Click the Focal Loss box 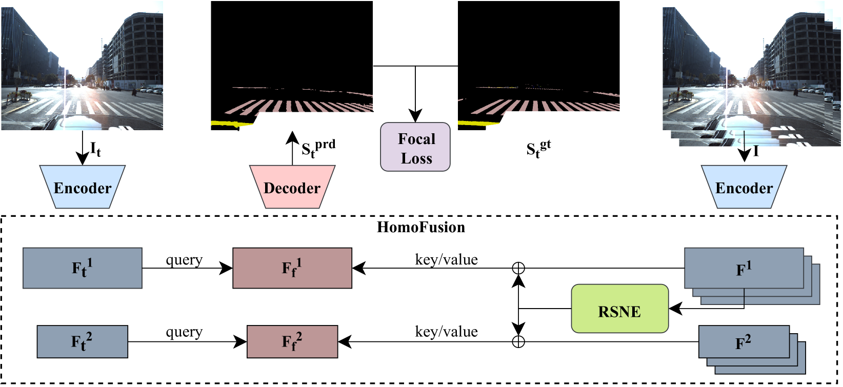415,147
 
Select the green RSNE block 619,309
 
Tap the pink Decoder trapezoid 292,187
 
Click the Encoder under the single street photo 83,187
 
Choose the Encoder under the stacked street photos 744,187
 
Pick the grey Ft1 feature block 82,268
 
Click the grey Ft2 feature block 82,341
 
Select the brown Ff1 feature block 292,268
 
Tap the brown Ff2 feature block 292,341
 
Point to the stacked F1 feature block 744,268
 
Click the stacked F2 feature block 744,342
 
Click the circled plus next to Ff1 518,268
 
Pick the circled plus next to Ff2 518,342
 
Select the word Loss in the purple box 416,159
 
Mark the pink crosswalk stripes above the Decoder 303,107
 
